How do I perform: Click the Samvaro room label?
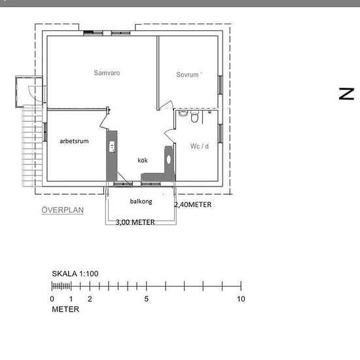click(x=107, y=73)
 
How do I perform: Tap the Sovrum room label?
click(x=187, y=75)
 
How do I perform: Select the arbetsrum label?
click(x=74, y=141)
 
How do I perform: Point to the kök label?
click(x=143, y=160)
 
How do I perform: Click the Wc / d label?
click(x=200, y=146)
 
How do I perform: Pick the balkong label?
click(x=141, y=202)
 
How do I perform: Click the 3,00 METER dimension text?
click(x=135, y=222)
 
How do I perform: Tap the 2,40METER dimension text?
click(x=193, y=205)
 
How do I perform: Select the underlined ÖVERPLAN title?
click(x=62, y=210)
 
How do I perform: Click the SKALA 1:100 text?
click(x=75, y=274)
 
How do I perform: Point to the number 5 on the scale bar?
click(x=147, y=299)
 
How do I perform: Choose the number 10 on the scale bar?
click(x=241, y=299)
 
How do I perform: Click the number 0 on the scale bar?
click(x=52, y=299)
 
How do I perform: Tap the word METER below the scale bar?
click(x=65, y=309)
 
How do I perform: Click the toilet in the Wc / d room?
click(x=194, y=117)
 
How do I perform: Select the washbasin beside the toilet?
click(x=183, y=113)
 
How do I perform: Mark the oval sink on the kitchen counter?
click(x=169, y=160)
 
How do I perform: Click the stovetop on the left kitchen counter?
click(x=112, y=147)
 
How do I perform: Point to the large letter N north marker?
click(x=346, y=94)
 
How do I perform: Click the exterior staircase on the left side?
click(x=32, y=145)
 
